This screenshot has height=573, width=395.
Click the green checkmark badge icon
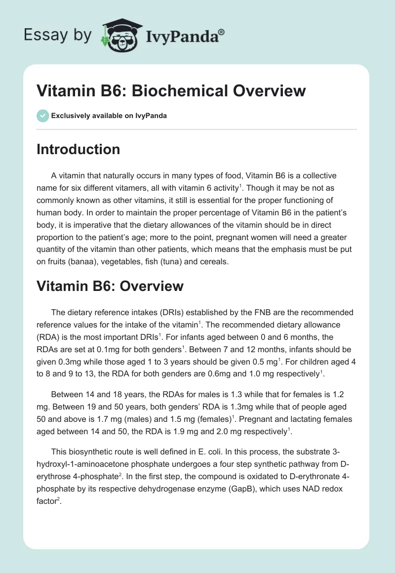click(x=42, y=116)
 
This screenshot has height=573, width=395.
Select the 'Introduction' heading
click(x=78, y=149)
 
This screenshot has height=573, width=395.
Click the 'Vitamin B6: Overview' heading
click(x=110, y=286)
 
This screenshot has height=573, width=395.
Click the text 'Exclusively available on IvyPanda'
click(x=109, y=116)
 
